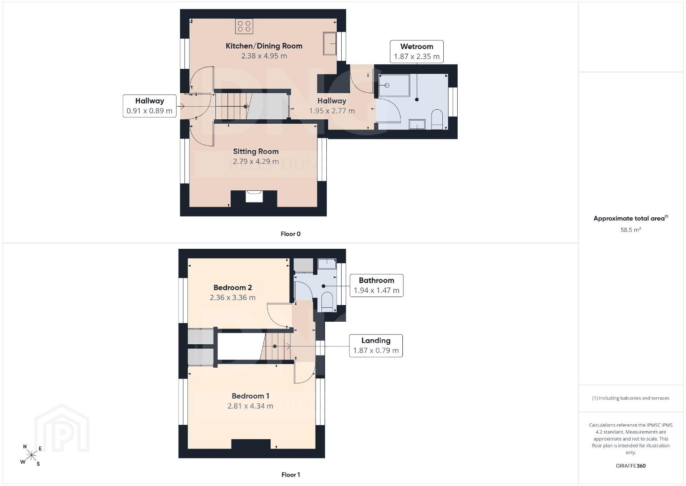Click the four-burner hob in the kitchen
click(244, 27)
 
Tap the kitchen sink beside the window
click(330, 43)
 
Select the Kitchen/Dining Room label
click(264, 46)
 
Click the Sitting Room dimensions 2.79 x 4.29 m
click(256, 161)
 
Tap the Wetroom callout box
click(416, 51)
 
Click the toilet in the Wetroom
click(437, 119)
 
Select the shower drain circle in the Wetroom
click(387, 85)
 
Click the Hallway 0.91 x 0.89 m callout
click(149, 106)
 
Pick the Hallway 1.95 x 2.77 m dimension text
click(332, 111)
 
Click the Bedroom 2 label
click(232, 288)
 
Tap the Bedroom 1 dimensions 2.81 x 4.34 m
click(250, 406)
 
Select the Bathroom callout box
click(376, 285)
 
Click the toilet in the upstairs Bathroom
click(327, 301)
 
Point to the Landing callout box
click(376, 346)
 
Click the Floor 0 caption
click(290, 234)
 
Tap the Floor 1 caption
click(290, 475)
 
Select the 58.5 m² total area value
click(631, 229)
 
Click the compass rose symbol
click(31, 455)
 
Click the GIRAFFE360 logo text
click(631, 466)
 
